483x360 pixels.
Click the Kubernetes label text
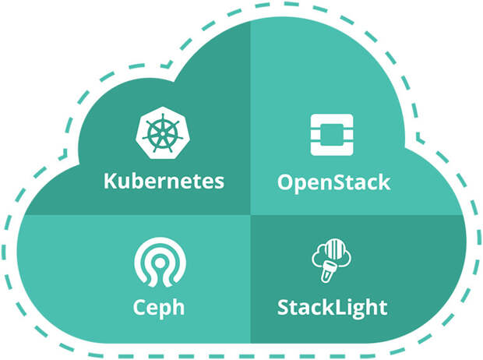point(164,182)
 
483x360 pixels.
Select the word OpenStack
point(333,184)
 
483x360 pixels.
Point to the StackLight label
point(333,305)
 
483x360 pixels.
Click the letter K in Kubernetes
point(111,182)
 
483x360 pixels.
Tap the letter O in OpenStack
point(286,184)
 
